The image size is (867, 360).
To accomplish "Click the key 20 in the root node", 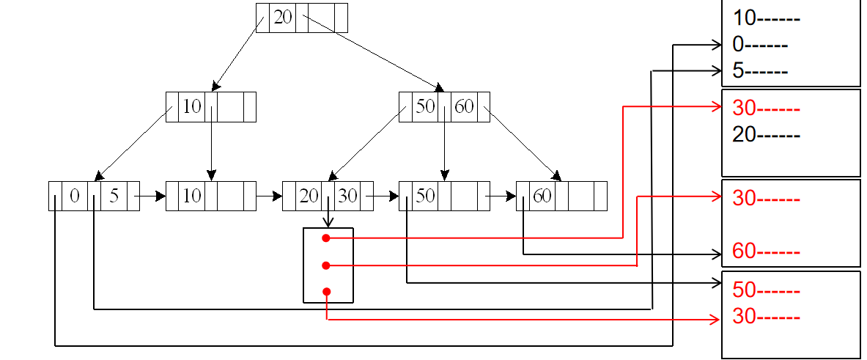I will tap(283, 18).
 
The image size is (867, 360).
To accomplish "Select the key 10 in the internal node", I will tap(191, 106).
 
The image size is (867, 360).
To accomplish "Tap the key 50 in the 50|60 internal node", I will tap(425, 106).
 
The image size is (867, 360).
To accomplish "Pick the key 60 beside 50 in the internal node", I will tap(464, 106).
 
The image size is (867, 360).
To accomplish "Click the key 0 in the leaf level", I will tap(75, 196).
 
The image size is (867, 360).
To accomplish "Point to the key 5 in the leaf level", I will tap(114, 196).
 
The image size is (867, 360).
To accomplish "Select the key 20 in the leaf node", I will tap(309, 196).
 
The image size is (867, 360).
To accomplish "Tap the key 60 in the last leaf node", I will tap(542, 196).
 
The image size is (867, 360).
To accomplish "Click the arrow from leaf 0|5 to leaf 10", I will tap(152, 196).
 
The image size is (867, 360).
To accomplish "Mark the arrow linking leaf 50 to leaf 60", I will tap(503, 196).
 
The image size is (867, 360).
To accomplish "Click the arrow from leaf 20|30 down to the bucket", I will tap(328, 218).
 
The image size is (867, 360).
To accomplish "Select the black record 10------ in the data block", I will tap(766, 19).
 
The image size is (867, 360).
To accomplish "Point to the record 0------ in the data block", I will tap(760, 45).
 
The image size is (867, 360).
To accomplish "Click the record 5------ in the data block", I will tap(760, 72).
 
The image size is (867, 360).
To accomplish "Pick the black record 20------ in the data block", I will tap(766, 135).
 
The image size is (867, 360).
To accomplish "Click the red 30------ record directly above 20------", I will tap(766, 109).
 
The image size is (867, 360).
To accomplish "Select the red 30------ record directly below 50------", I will tap(766, 317).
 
